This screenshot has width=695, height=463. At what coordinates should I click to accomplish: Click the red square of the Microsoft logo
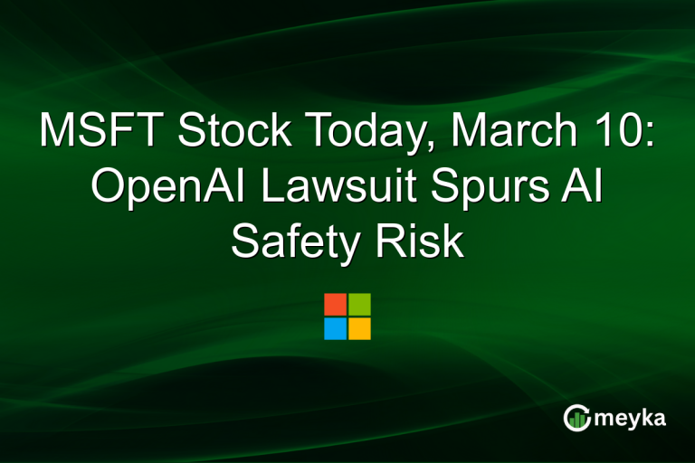(335, 304)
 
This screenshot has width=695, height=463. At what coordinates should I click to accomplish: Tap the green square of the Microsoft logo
(359, 304)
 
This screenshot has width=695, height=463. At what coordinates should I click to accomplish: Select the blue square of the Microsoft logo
(335, 328)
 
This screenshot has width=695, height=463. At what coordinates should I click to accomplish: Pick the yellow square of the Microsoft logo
(359, 328)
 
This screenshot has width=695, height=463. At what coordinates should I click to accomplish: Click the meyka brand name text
(631, 418)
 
